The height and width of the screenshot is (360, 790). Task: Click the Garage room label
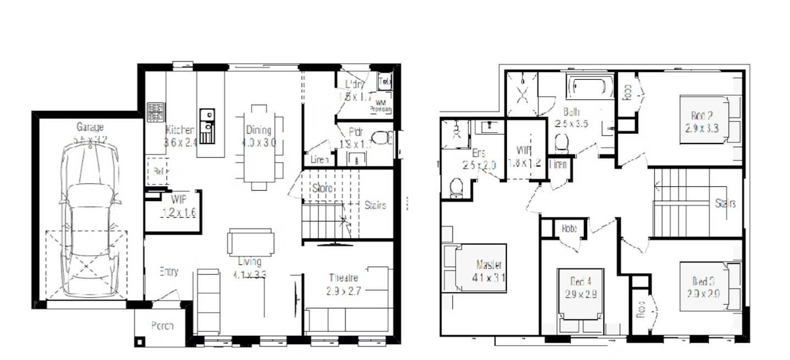coord(90,128)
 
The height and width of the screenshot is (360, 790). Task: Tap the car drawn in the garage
coord(89,220)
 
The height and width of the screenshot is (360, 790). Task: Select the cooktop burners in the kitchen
coord(155,112)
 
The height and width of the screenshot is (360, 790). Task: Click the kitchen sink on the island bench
coord(207,126)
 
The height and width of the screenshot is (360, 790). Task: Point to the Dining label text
coord(258,130)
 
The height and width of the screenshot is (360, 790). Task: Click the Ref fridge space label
coord(158,171)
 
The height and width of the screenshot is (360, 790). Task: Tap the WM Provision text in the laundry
coord(380,106)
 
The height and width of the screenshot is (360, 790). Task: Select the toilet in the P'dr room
coord(382,137)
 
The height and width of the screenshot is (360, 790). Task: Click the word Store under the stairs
coord(322,189)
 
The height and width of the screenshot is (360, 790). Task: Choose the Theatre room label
coord(343,278)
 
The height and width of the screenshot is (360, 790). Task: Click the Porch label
coord(162,326)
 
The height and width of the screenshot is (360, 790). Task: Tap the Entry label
coord(169,272)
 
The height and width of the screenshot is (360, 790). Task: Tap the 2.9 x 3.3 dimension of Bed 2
coord(702,129)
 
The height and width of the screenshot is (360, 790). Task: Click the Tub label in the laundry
coord(384,81)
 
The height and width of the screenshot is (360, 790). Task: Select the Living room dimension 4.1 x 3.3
coord(249,274)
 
